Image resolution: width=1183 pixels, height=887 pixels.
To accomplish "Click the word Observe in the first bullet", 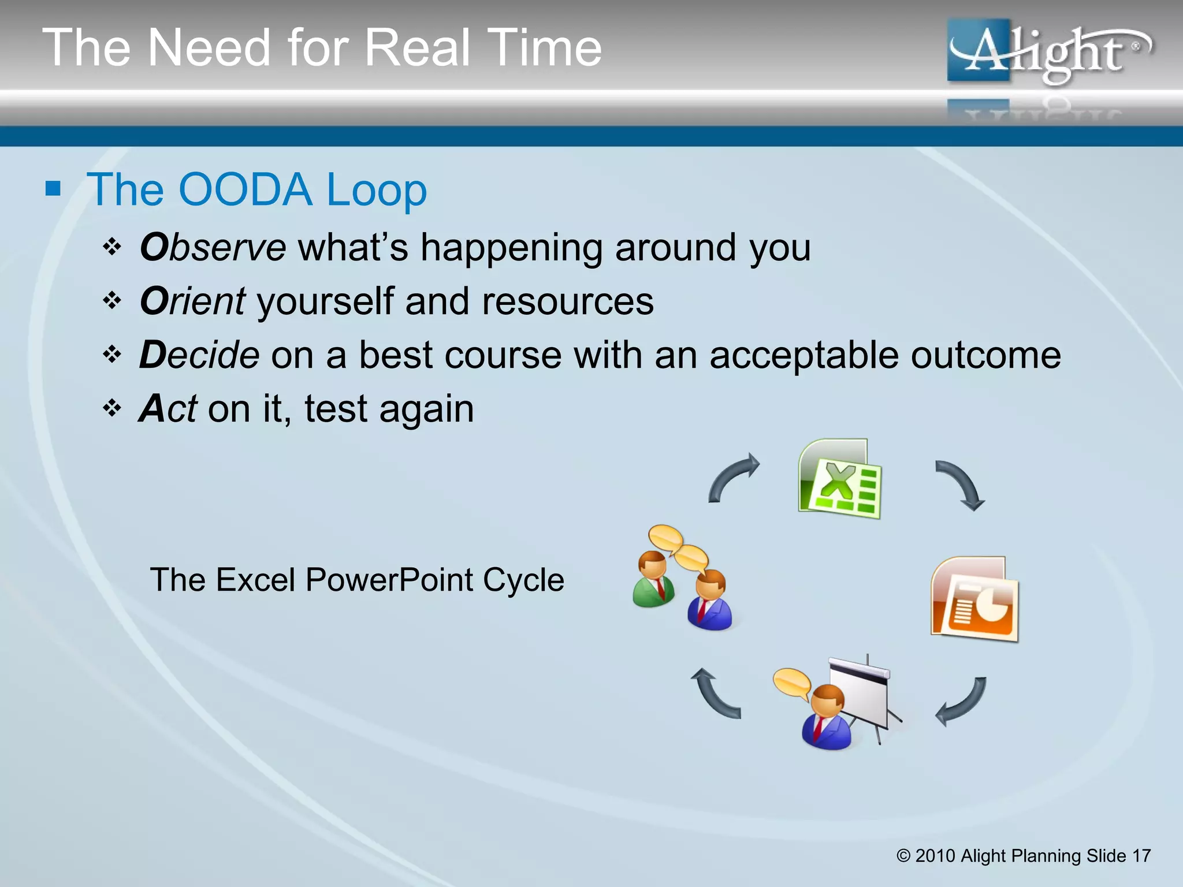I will point(213,248).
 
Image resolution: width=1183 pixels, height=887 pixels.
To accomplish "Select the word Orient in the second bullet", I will point(193,301).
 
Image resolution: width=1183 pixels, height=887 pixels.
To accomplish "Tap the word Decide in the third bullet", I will point(199,355).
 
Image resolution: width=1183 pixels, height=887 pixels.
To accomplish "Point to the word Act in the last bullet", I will point(168,409).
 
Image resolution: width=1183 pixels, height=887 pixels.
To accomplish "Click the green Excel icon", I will point(840,479).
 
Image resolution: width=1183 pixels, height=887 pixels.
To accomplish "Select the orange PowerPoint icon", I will point(974,599).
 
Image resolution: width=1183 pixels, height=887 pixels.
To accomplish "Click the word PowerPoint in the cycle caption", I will point(393,580).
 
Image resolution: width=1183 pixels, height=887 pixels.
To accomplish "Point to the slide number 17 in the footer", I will point(1141,856).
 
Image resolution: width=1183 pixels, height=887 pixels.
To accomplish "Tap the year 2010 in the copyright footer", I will point(935,856).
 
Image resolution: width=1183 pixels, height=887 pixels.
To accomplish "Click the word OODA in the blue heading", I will point(245,190).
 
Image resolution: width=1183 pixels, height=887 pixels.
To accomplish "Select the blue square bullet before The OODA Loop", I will point(53,188).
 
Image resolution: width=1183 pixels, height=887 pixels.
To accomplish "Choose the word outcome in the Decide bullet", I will point(985,355).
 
